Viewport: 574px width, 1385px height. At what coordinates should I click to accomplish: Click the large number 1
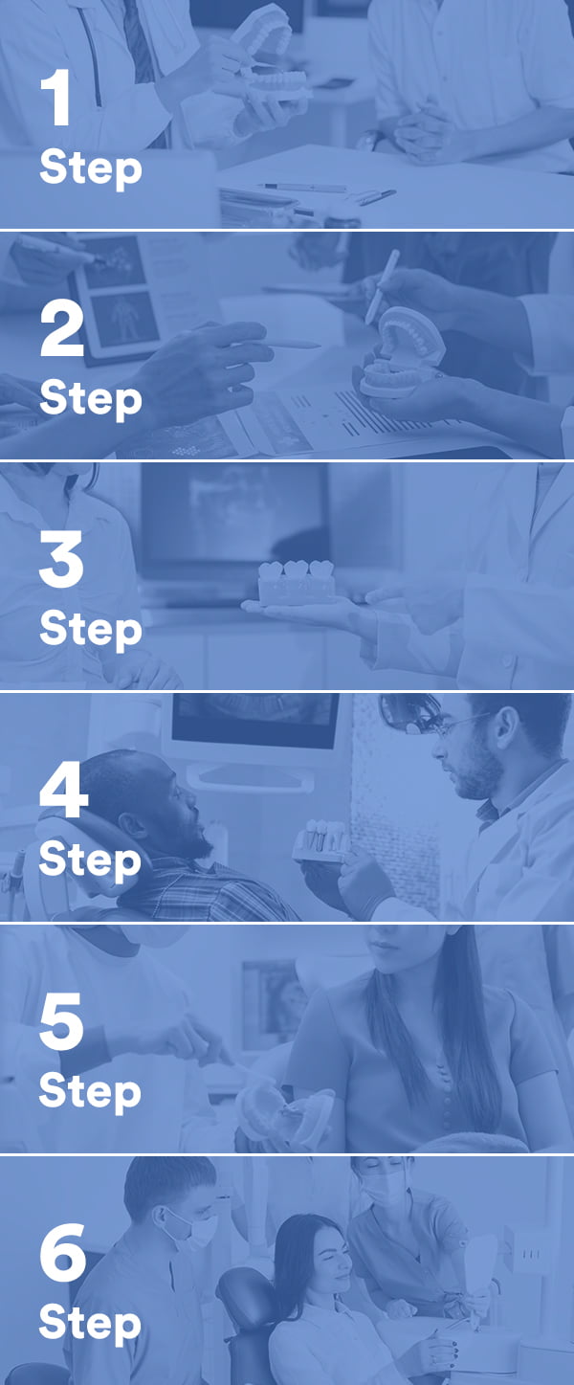[55, 100]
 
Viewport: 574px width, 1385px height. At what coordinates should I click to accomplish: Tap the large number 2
[61, 329]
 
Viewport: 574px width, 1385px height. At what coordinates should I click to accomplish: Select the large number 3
[61, 561]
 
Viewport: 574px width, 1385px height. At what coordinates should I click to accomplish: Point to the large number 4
[63, 793]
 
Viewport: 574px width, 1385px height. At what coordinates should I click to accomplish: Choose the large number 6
[63, 1255]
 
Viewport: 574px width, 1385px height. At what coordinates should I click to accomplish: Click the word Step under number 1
[90, 170]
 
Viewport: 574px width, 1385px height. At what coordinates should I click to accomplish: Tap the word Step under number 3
[90, 631]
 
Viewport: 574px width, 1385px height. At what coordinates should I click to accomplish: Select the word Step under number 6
[90, 1326]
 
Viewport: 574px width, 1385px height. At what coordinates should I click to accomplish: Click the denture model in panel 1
[268, 57]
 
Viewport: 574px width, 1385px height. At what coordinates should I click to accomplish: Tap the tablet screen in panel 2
[120, 292]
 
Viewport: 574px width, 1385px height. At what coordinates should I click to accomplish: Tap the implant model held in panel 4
[321, 840]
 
